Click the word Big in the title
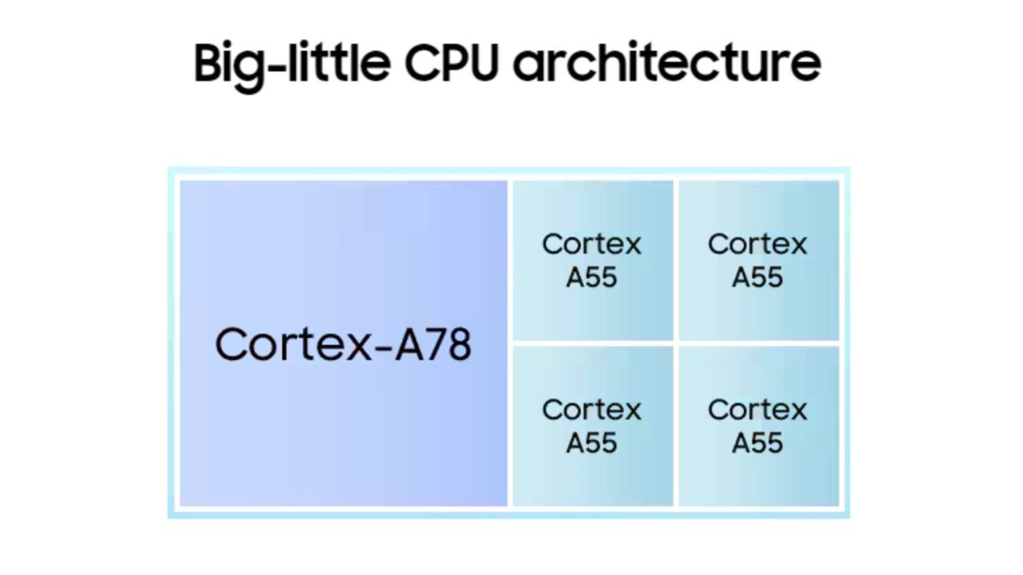tap(228, 64)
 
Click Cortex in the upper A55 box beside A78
tap(591, 244)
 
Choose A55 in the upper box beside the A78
tap(591, 277)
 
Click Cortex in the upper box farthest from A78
tap(758, 244)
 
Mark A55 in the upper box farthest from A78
tap(758, 277)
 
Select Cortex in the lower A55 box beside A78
tap(591, 410)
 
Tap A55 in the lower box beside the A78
tap(591, 443)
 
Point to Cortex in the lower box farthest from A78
tap(758, 410)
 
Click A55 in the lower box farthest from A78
tap(758, 443)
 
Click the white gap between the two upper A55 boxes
tap(676, 260)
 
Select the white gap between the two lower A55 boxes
tap(676, 426)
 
